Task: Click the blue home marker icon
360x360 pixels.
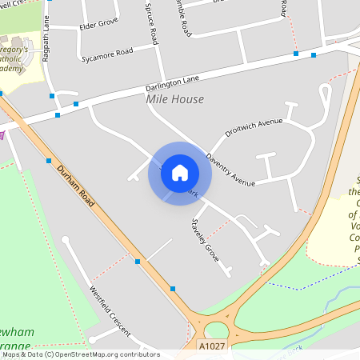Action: pos(180,173)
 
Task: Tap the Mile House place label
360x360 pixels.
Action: pos(174,99)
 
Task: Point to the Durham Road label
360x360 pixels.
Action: pos(74,186)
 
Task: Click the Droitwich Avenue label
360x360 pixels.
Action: pos(254,128)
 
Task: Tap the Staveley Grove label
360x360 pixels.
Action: pos(206,241)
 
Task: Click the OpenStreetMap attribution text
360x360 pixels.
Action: pos(80,354)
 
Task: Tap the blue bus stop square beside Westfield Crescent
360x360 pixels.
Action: pos(138,262)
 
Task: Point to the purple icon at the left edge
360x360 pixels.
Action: pos(2,134)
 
